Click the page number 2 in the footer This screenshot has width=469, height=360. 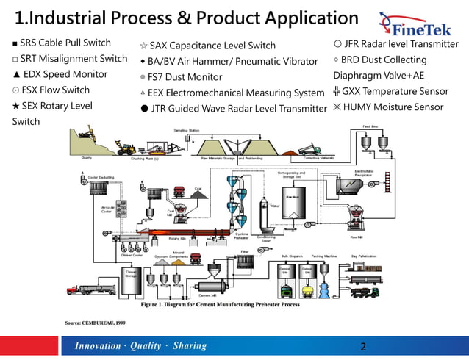click(x=363, y=347)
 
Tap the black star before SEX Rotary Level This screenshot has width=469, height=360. click(x=15, y=107)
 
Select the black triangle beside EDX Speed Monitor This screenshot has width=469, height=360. click(x=15, y=74)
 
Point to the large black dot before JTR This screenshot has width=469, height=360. click(x=144, y=109)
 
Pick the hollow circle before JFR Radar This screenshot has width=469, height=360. click(x=337, y=44)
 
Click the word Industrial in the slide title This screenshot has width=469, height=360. click(x=69, y=18)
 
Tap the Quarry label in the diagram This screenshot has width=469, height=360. click(x=86, y=157)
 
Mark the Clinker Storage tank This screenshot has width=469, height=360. click(x=131, y=275)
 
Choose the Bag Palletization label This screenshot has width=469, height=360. click(x=364, y=256)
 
